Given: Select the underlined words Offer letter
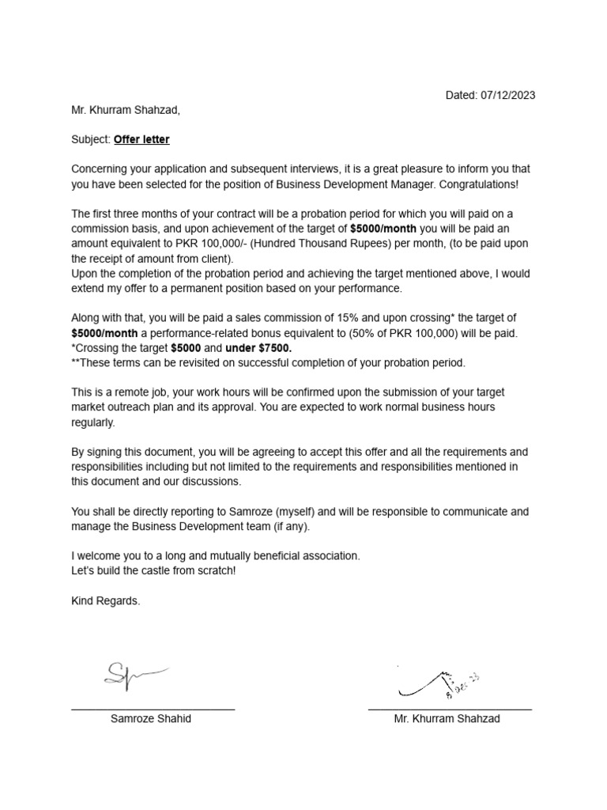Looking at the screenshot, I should coord(141,140).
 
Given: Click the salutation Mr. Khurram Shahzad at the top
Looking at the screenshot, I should coord(126,110).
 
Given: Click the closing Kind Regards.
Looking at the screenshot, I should coord(106,601).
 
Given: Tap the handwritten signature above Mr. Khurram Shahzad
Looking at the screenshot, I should coord(439,680).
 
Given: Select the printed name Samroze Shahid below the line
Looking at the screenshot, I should coord(151,719).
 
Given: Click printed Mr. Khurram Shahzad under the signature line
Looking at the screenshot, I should coord(447,719).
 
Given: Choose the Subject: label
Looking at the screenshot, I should coord(91,140).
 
